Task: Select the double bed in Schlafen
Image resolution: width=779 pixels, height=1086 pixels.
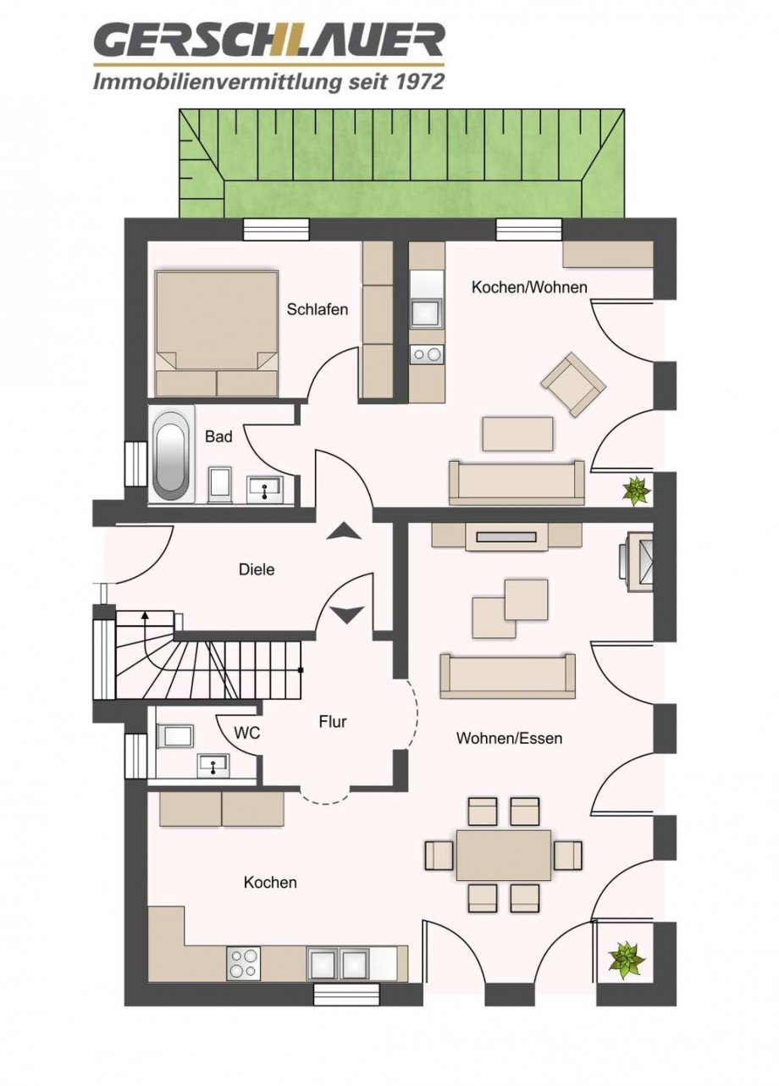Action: [217, 334]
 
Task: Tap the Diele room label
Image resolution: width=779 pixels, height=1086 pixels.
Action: [257, 570]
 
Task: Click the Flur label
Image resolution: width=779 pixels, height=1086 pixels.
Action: [333, 722]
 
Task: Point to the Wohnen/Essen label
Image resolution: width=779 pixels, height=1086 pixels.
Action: [509, 739]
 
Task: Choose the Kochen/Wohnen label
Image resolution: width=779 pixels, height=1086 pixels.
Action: [529, 287]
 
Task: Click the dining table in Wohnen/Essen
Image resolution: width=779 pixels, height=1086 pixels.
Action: [503, 855]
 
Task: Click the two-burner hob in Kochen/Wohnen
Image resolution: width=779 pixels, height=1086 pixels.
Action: [427, 354]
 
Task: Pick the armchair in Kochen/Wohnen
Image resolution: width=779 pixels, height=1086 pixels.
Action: [573, 384]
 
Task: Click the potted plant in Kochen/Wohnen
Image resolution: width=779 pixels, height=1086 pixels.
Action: [634, 490]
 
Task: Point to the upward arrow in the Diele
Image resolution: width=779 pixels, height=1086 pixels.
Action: [345, 531]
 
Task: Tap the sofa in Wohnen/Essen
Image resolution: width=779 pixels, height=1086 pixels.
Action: [507, 675]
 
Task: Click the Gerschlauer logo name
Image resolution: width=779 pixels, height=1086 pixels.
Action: [269, 41]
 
